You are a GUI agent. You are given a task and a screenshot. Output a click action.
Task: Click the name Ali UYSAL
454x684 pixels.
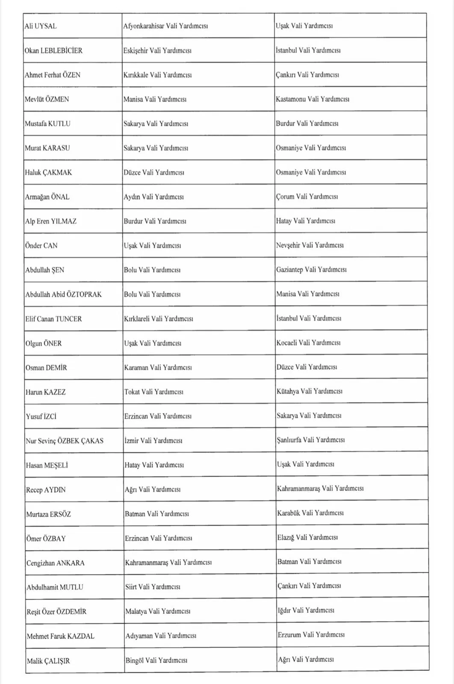coord(41,26)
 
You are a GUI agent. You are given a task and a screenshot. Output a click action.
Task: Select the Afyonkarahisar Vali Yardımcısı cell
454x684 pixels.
coord(165,26)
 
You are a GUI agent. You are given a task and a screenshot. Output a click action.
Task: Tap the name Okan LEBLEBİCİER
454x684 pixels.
coord(53,50)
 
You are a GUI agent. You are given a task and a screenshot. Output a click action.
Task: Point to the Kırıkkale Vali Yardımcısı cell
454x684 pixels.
coord(157,75)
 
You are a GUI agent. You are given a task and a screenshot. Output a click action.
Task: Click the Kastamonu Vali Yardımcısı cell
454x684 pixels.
coord(312,99)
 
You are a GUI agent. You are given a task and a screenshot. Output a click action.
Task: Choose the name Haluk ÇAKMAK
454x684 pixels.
coord(48,173)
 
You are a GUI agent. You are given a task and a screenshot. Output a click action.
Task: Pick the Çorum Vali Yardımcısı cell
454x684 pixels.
coord(307,197)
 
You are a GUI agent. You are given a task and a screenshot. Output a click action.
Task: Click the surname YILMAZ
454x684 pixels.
coord(64,221)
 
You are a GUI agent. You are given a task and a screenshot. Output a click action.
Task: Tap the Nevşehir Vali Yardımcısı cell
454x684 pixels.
coord(310,245)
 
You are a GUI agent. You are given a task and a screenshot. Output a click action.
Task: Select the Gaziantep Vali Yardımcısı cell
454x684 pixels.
coord(311,270)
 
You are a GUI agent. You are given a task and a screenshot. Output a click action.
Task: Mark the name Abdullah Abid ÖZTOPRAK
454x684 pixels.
coord(63,295)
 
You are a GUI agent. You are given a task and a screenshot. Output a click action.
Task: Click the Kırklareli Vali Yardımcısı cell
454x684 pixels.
coord(158,319)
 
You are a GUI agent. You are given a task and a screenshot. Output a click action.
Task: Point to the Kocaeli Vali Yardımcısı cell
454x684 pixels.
coord(308,343)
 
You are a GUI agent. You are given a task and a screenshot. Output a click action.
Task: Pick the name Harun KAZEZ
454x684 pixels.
coord(46,392)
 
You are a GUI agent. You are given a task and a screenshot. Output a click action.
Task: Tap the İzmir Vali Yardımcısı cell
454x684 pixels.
coord(153,440)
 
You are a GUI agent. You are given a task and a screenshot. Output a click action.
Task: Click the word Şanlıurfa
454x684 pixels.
coord(289,440)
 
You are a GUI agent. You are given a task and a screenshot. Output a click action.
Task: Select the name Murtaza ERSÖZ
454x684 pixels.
coord(48,514)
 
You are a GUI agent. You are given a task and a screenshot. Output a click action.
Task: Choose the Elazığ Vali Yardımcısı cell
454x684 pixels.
coord(307,537)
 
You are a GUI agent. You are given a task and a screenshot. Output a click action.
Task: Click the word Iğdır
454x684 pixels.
coord(284,610)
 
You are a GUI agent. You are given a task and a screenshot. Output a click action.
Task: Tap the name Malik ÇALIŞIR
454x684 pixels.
coord(48,661)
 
